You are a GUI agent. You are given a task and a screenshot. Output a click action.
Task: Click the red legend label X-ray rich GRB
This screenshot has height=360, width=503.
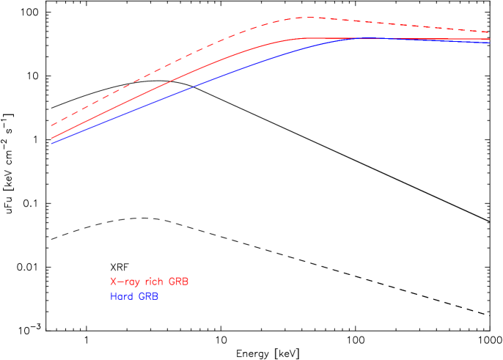point(150,282)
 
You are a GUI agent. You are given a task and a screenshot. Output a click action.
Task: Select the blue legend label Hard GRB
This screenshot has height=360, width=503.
point(134,297)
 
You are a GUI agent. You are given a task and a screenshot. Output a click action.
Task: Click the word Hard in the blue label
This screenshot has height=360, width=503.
point(122,297)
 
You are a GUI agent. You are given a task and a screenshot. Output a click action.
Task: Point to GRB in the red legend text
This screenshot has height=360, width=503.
point(179,282)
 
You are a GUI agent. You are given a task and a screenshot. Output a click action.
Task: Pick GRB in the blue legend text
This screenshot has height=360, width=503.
point(148,297)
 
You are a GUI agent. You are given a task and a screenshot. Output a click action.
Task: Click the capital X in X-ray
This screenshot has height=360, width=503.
point(114,282)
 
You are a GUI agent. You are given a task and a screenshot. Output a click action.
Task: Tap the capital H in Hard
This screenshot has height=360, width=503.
point(114,297)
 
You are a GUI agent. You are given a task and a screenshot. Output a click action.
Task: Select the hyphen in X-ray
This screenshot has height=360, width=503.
point(120,282)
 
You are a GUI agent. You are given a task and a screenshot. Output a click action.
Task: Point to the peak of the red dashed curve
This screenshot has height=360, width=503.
point(308,17)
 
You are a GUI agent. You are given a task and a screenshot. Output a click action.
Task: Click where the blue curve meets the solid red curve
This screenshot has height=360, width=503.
point(359,38)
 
